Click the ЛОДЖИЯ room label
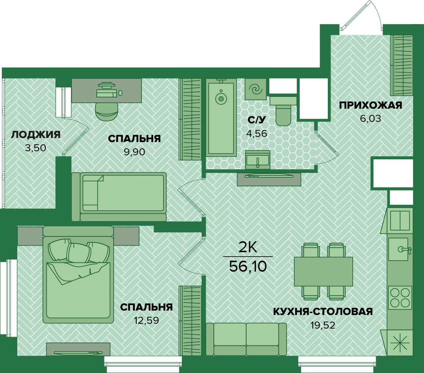tap(36, 135)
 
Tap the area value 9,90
tap(134, 152)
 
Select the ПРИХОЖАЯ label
tap(370, 105)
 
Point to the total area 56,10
tap(248, 267)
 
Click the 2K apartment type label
tap(248, 247)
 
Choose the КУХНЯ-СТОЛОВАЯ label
tap(323, 311)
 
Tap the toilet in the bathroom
tap(283, 111)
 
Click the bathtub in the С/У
tap(221, 117)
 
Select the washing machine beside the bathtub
tap(255, 89)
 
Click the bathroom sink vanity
tap(258, 160)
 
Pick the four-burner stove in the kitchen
tap(400, 298)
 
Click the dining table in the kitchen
tap(323, 271)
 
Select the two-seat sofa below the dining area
tap(246, 339)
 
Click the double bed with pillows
tap(78, 275)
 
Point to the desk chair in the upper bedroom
tap(107, 111)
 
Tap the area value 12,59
tap(146, 321)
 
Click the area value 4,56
tap(256, 134)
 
